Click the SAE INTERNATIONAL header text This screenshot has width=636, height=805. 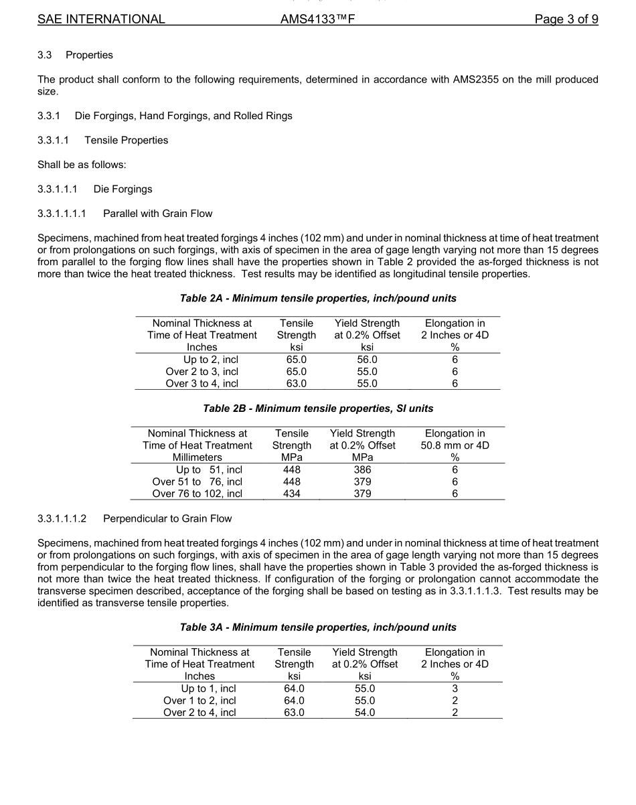[101, 19]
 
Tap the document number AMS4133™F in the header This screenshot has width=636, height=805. [317, 19]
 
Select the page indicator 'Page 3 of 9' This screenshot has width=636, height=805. [566, 19]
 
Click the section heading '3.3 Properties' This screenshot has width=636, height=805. [75, 55]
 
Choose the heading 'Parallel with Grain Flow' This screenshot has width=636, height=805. [157, 214]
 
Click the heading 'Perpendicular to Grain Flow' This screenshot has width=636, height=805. [167, 518]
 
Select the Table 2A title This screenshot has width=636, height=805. [318, 298]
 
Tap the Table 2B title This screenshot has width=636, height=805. [318, 408]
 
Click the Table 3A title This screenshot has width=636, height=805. [318, 628]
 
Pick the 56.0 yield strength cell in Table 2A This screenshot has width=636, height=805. [367, 360]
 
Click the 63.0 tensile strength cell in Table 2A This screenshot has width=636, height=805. [297, 384]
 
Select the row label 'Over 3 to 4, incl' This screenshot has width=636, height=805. [202, 384]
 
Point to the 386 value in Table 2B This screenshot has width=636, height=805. [362, 469]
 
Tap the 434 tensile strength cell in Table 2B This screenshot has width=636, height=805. [292, 494]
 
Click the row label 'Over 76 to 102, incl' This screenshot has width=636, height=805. [197, 494]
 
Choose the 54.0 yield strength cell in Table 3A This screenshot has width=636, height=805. [365, 713]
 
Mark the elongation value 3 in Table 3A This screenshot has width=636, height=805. [455, 688]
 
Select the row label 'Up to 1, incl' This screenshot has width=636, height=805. [208, 688]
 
